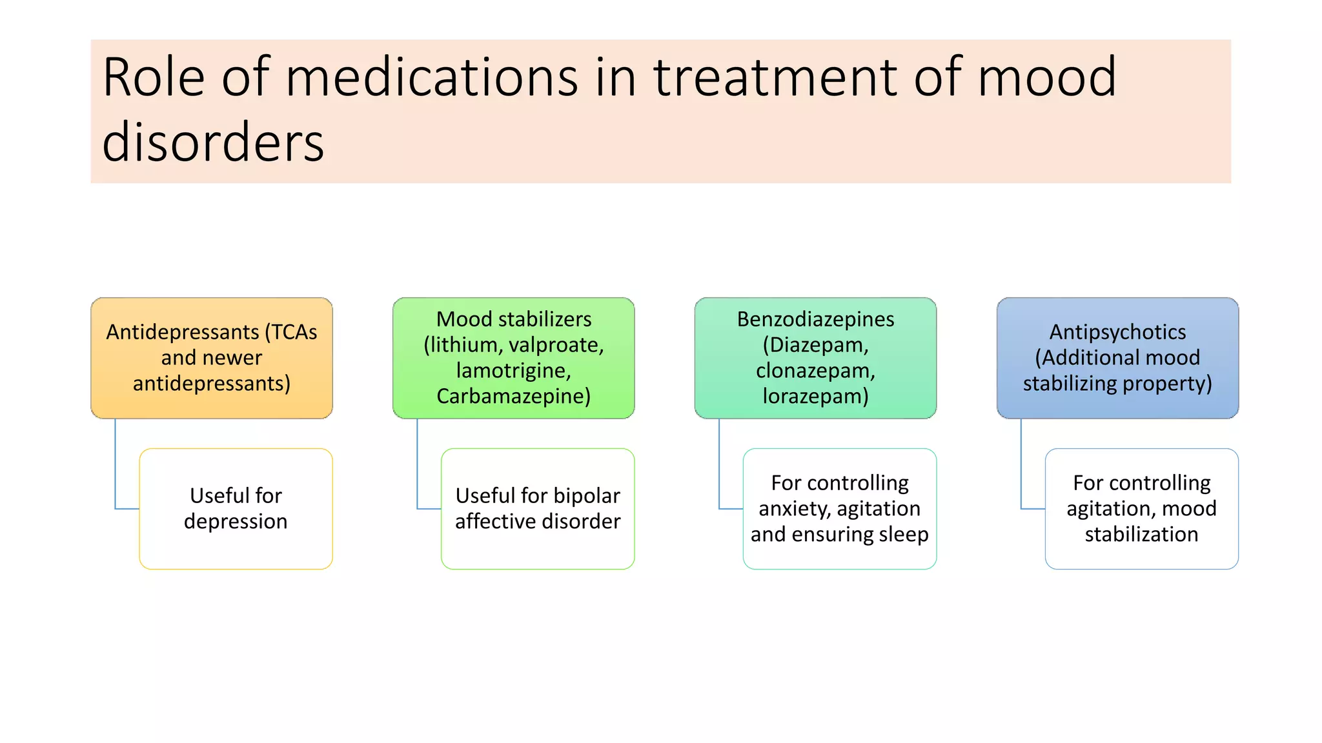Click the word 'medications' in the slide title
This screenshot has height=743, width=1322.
tap(431, 77)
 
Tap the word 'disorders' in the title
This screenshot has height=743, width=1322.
tap(213, 143)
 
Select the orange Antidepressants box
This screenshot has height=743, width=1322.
tap(212, 358)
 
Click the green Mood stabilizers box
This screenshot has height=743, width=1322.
tap(513, 358)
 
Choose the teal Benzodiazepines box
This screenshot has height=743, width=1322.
tap(815, 358)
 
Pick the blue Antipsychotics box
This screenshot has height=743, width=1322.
tap(1117, 358)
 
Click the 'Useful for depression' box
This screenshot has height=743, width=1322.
tap(236, 509)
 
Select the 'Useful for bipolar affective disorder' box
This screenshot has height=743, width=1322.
tap(538, 509)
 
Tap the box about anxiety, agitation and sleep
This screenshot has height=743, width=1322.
tap(839, 509)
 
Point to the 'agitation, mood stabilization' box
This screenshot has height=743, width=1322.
tap(1141, 509)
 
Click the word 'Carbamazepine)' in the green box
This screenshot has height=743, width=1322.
tap(513, 396)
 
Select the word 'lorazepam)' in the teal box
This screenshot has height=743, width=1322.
tap(815, 396)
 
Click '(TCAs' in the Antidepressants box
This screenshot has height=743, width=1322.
tap(291, 332)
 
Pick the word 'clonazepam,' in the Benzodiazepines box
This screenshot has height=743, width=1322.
tap(815, 371)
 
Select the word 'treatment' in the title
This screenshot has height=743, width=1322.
tap(775, 77)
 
